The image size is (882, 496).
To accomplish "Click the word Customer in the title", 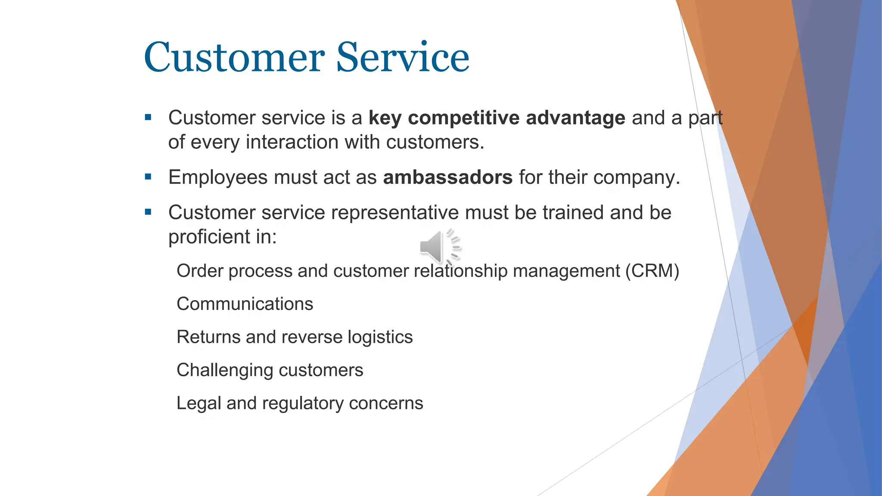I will click(234, 58).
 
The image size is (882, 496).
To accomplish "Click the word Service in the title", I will click(402, 58).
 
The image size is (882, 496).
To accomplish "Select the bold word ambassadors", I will click(447, 177).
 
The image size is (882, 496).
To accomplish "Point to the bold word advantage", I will click(575, 118).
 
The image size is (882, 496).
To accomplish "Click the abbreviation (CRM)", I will click(652, 271).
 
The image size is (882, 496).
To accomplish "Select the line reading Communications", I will click(245, 304).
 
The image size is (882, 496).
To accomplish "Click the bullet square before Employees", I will click(148, 177).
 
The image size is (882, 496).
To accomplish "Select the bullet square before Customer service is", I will click(148, 117).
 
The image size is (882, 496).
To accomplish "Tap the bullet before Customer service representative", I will click(148, 212).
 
